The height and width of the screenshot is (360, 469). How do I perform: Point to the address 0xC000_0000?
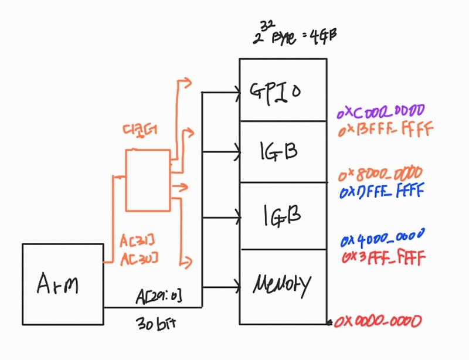pos(381,111)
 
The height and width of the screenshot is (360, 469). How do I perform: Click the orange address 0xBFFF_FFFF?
pos(385,128)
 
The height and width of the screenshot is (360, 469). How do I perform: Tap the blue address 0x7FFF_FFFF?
pos(382,191)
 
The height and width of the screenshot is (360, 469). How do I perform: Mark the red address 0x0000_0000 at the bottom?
pos(378,321)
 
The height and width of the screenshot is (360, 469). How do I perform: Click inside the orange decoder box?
pos(147,180)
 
